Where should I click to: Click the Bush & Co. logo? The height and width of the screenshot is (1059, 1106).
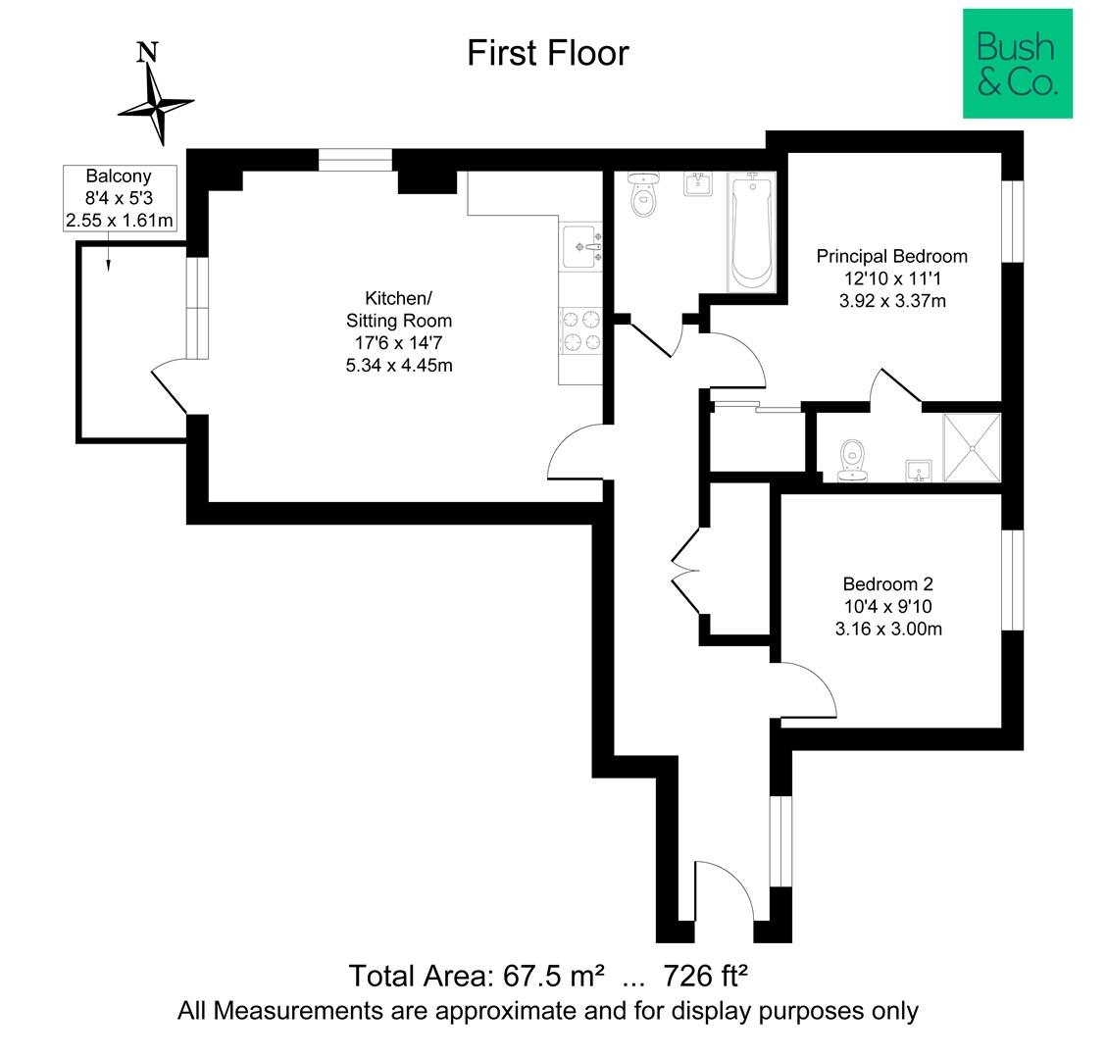pos(1017,64)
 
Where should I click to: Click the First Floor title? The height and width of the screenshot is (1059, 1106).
pos(548,53)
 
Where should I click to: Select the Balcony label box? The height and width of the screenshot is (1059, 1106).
pos(120,197)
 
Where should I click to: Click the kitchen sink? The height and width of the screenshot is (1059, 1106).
pos(581,247)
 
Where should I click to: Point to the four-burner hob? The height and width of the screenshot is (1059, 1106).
pos(581,330)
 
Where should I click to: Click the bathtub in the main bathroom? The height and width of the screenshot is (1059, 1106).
pos(752,231)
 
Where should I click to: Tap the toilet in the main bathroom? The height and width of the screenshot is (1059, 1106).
pos(644,194)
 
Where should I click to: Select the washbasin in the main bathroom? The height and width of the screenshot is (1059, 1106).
pos(697,184)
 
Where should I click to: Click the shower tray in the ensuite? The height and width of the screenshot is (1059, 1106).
pos(972,447)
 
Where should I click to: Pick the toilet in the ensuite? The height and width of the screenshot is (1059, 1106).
pos(852,461)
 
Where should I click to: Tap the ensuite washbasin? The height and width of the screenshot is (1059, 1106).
pos(919,471)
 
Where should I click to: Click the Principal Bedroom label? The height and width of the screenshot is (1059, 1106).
pos(891,256)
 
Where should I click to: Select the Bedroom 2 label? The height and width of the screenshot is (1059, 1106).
pos(888,583)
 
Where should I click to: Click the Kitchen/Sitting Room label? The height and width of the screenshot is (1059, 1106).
pos(398,309)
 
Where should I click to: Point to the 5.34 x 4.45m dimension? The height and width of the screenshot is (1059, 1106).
pos(398,366)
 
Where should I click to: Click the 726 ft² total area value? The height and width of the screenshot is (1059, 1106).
pos(705,976)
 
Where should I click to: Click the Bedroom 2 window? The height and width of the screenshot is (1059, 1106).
pos(1012,580)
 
